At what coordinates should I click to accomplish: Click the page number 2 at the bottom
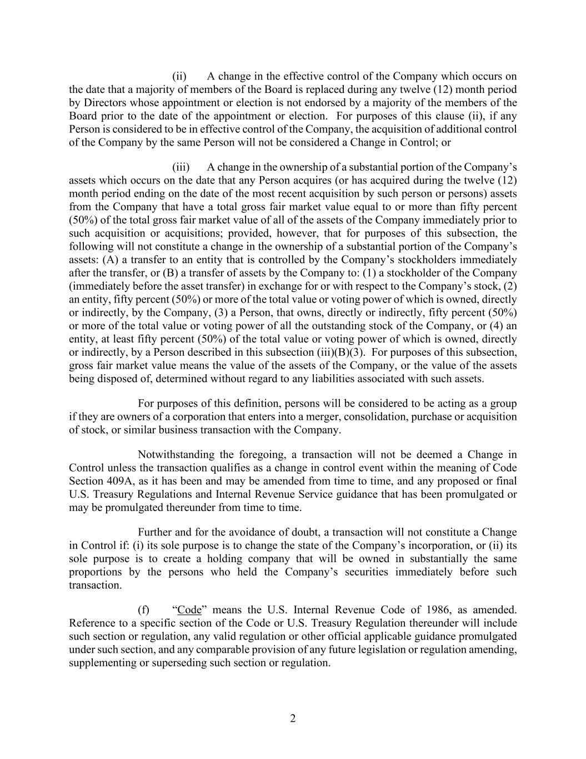pyautogui.click(x=293, y=718)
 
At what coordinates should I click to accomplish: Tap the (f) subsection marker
pyautogui.click(x=144, y=609)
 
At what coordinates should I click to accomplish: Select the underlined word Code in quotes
pyautogui.click(x=189, y=609)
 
